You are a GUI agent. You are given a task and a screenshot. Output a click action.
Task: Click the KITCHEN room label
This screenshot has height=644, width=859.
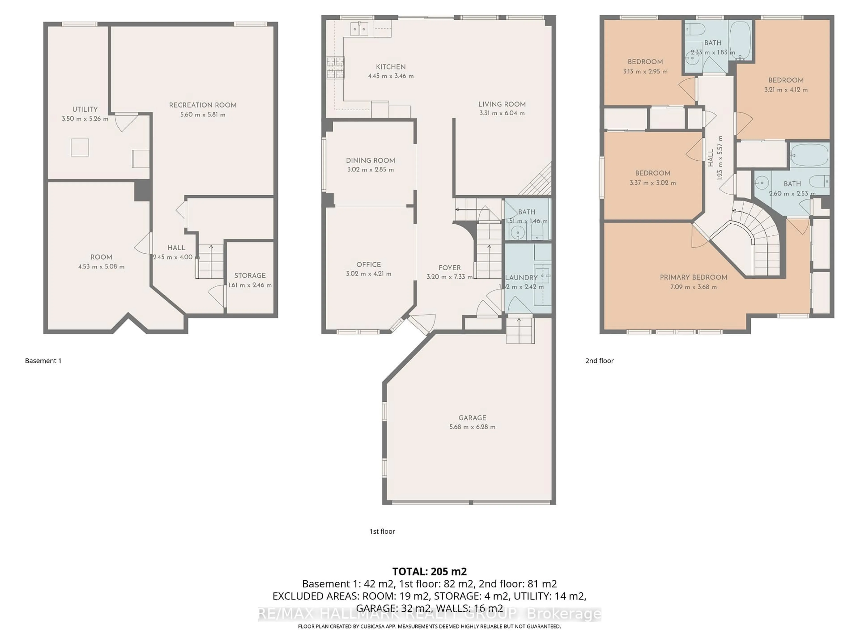(x=391, y=67)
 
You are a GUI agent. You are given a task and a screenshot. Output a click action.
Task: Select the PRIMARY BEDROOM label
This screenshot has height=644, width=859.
(x=693, y=277)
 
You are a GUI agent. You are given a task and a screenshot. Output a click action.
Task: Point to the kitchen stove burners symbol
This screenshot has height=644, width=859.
(x=335, y=68)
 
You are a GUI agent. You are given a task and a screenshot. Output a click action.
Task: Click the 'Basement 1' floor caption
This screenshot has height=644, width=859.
(x=43, y=361)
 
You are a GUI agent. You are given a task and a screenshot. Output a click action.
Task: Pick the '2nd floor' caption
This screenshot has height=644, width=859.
(x=599, y=361)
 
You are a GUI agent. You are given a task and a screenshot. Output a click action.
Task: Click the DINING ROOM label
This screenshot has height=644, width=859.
(x=370, y=160)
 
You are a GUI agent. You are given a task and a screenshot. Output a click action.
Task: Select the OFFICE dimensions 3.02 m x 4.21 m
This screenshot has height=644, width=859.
(x=368, y=274)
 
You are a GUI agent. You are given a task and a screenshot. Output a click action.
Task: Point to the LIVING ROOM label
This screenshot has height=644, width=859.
(x=502, y=104)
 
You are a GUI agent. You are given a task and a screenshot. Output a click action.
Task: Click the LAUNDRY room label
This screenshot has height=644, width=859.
(x=521, y=278)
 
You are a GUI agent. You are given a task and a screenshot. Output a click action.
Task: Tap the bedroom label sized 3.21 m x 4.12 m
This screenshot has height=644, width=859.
(x=786, y=80)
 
